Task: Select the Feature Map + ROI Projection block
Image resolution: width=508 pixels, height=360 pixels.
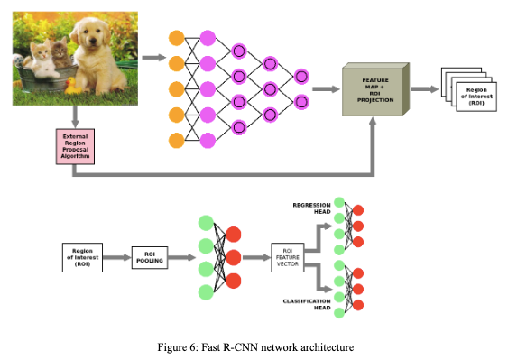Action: coord(374,91)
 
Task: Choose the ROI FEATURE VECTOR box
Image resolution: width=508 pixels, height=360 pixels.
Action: coord(288,257)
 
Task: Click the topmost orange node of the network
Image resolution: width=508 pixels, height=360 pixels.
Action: coord(177,39)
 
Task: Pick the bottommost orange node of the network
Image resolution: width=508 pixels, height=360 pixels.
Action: coord(177,140)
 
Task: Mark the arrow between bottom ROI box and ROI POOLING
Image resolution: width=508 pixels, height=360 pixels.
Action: coord(115,257)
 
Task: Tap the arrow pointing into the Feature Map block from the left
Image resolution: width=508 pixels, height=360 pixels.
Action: coord(324,89)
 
